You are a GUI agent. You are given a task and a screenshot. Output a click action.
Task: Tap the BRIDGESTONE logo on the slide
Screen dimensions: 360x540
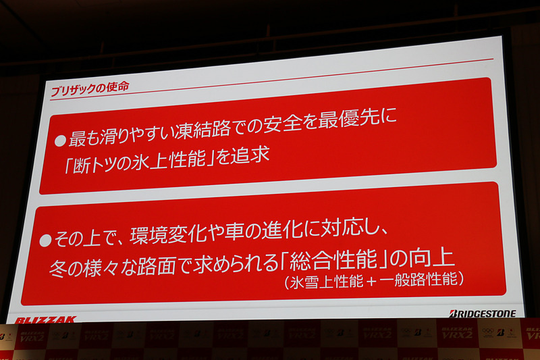coord(482,313)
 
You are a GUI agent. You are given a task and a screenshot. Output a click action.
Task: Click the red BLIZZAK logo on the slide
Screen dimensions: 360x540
coord(46,319)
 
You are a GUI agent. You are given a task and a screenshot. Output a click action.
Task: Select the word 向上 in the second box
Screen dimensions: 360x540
coord(436,258)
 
